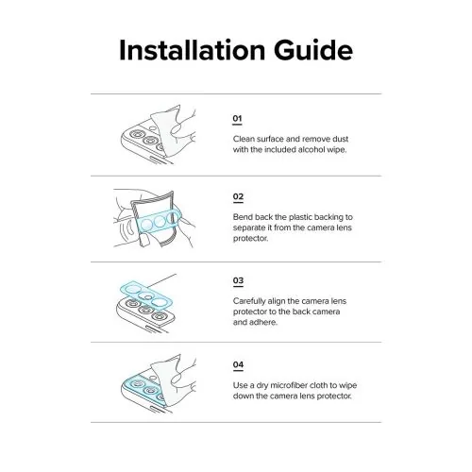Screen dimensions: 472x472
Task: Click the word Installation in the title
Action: click(193, 50)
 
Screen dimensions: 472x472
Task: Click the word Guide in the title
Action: click(313, 50)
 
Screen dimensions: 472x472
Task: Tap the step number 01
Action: click(237, 119)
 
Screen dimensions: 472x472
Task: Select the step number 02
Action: click(238, 196)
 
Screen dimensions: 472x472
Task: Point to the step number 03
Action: click(238, 280)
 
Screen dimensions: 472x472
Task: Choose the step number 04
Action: click(238, 364)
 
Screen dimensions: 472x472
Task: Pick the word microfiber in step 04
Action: click(289, 385)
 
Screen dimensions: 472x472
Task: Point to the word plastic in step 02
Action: click(300, 217)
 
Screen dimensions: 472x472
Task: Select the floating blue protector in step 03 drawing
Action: click(146, 295)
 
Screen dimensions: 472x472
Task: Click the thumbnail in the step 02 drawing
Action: click(144, 239)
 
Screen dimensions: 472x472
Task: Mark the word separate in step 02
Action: click(249, 228)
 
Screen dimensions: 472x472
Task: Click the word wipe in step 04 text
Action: click(348, 385)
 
